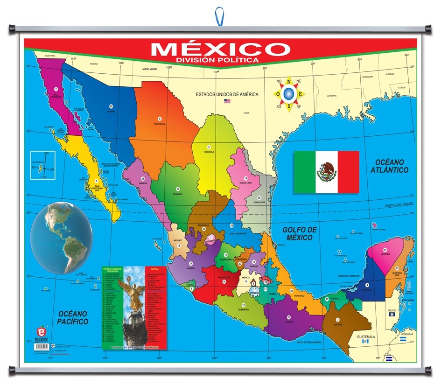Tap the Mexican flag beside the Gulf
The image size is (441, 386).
(326, 172)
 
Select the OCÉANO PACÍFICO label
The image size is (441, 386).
(71, 317)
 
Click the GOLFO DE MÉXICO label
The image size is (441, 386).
(300, 233)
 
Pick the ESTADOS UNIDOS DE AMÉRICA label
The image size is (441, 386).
(227, 94)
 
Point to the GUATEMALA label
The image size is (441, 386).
(365, 337)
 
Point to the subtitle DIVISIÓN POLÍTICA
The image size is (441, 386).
(217, 60)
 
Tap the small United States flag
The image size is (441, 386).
(227, 101)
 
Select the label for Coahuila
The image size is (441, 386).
(209, 152)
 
